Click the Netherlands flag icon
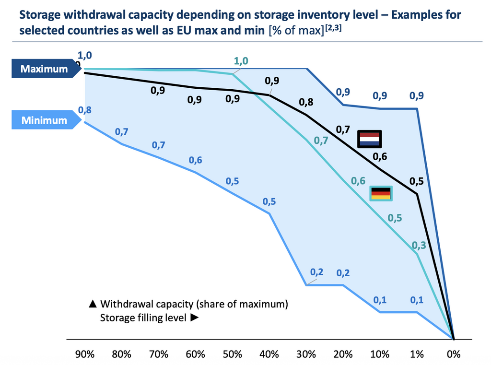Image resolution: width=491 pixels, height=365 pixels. pyautogui.click(x=370, y=140)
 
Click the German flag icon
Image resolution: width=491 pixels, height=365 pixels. pyautogui.click(x=382, y=193)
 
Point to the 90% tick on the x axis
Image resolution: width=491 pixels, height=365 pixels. pyautogui.click(x=85, y=354)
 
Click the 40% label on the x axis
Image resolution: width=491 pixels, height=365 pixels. pyautogui.click(x=269, y=354)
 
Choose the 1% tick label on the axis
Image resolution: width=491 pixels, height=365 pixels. pyautogui.click(x=417, y=354)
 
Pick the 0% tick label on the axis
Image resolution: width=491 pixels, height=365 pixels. pyautogui.click(x=453, y=354)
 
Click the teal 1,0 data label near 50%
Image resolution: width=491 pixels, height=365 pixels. pyautogui.click(x=241, y=61)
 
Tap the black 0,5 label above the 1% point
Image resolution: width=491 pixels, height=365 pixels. pyautogui.click(x=416, y=181)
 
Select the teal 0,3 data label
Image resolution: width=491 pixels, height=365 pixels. pyautogui.click(x=419, y=246)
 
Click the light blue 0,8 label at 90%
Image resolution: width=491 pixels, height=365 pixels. pyautogui.click(x=85, y=110)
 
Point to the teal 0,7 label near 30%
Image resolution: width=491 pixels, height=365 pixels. pyautogui.click(x=321, y=140)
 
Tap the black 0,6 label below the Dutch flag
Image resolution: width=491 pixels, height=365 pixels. pyautogui.click(x=380, y=156)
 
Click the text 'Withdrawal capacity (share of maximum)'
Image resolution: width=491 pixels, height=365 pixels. pyautogui.click(x=194, y=304)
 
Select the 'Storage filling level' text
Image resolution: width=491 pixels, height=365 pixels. pyautogui.click(x=142, y=318)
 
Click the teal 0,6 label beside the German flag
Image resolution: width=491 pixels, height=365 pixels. pyautogui.click(x=358, y=181)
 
